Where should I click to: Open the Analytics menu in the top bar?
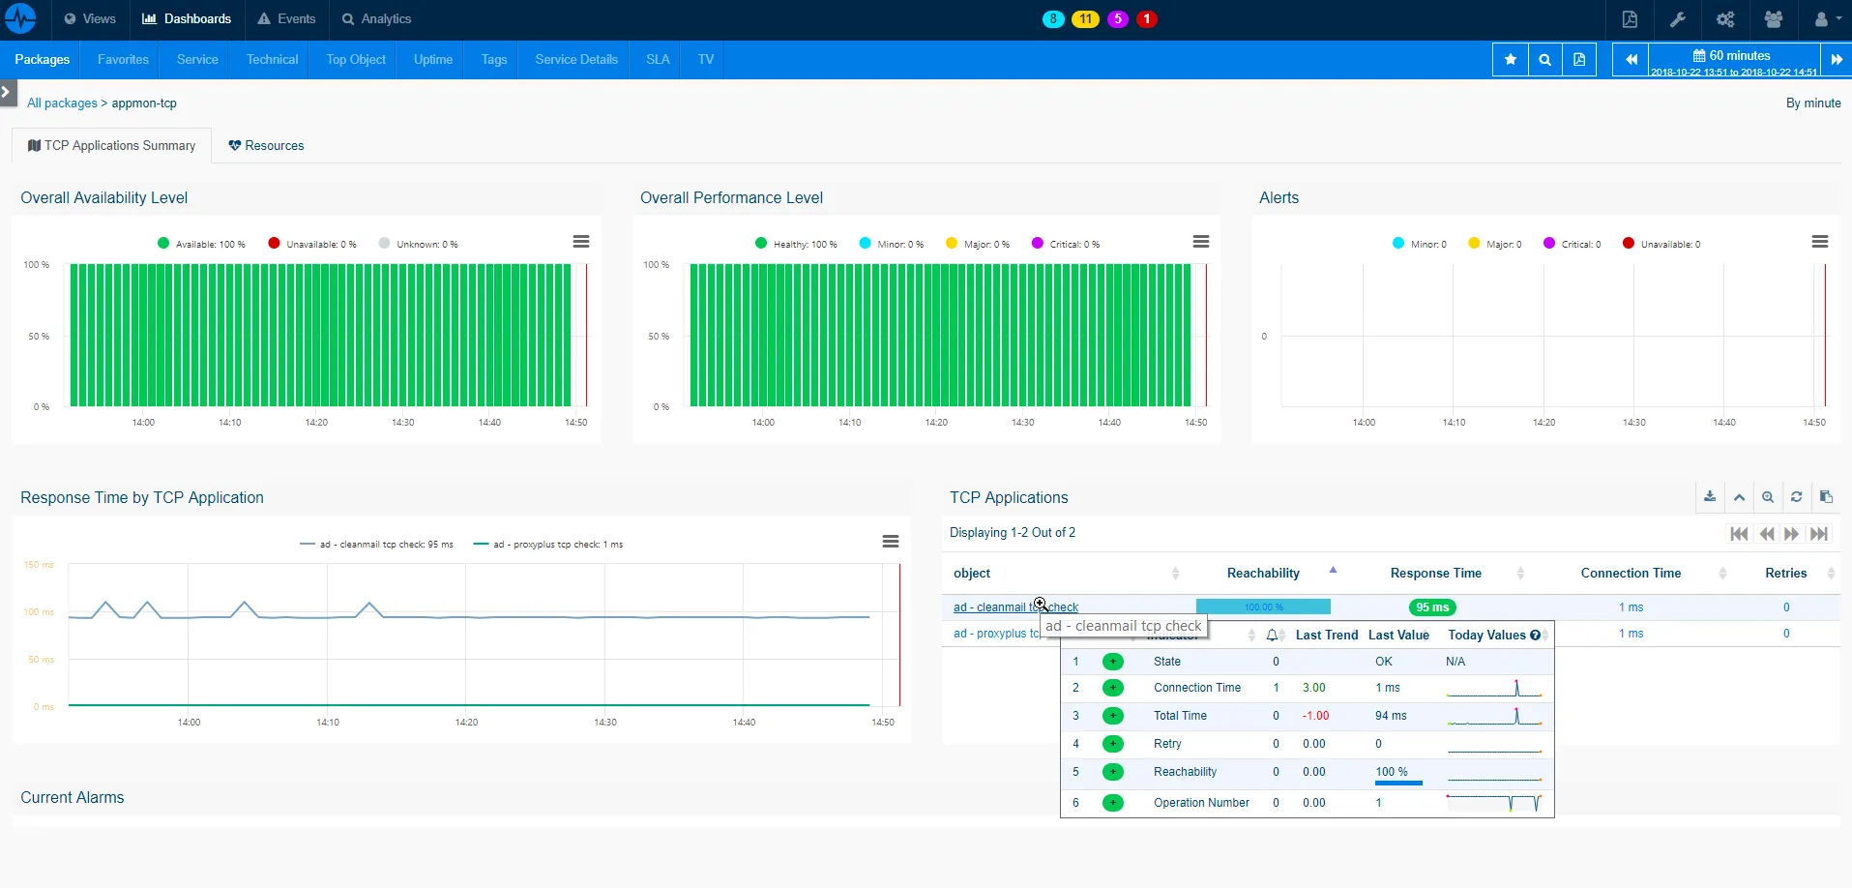(376, 18)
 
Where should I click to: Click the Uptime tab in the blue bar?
(432, 59)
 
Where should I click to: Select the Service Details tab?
(575, 59)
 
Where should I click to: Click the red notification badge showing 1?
(1146, 18)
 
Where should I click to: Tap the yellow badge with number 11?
(1085, 18)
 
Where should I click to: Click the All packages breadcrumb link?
(62, 103)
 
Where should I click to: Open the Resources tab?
(266, 145)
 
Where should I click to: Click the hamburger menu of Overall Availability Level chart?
(580, 242)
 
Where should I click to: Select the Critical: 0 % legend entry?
(1066, 244)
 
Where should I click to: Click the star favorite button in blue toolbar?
(1510, 60)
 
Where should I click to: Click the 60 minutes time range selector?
(1733, 55)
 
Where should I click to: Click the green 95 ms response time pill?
(1432, 607)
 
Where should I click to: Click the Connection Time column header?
(1631, 573)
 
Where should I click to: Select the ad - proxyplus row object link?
(996, 634)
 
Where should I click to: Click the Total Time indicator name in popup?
(1180, 716)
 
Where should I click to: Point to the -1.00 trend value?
(1315, 716)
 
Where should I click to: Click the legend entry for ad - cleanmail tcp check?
(377, 544)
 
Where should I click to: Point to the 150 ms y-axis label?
(39, 564)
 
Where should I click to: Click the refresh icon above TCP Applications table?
(1796, 497)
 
